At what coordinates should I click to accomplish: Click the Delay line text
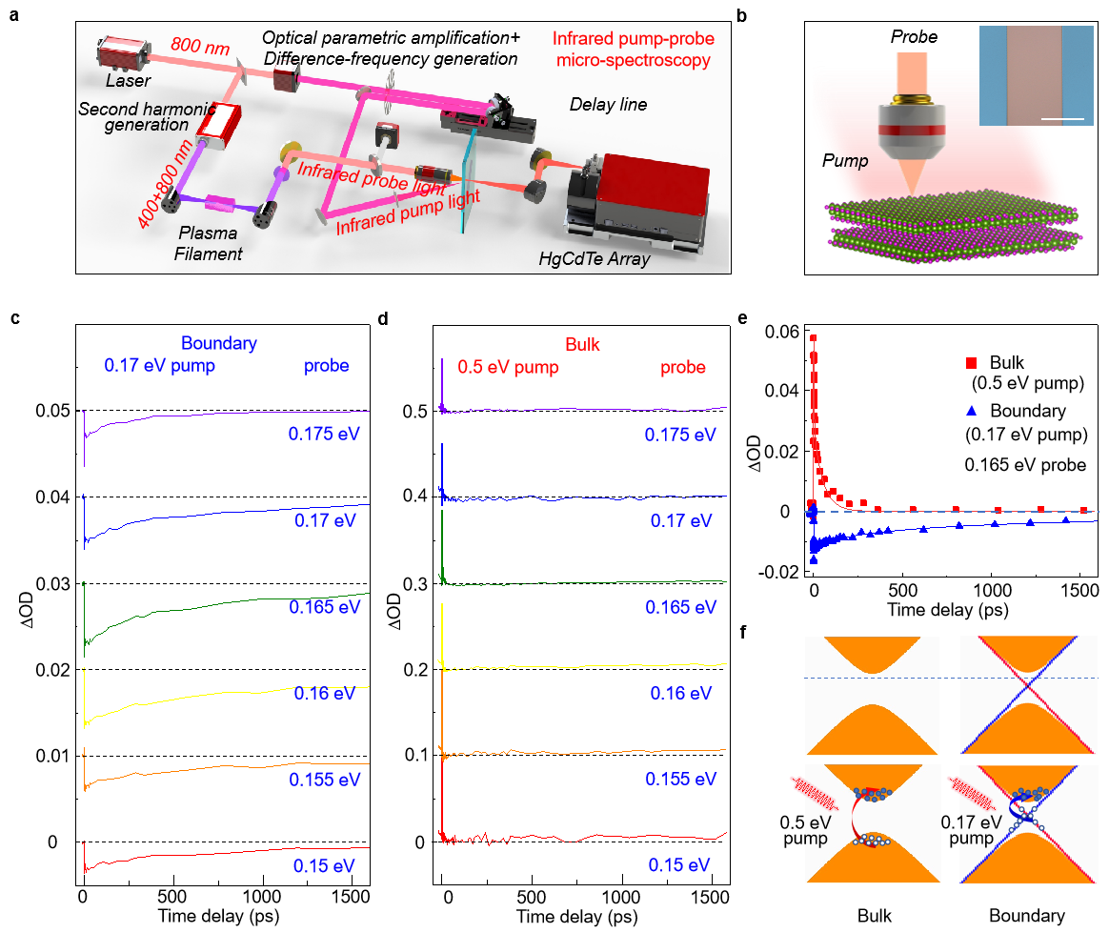[x=608, y=105]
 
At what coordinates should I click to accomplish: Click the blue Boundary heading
[x=219, y=343]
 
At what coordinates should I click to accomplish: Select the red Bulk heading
[x=582, y=344]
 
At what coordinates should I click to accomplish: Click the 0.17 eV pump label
[x=159, y=366]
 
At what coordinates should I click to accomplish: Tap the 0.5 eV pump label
[x=508, y=367]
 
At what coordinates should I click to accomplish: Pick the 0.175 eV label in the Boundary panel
[x=324, y=434]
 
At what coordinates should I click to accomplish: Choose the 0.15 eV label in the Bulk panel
[x=679, y=865]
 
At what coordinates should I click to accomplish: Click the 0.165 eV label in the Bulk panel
[x=680, y=607]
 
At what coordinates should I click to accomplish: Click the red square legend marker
[x=972, y=363]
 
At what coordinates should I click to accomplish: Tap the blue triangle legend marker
[x=972, y=410]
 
